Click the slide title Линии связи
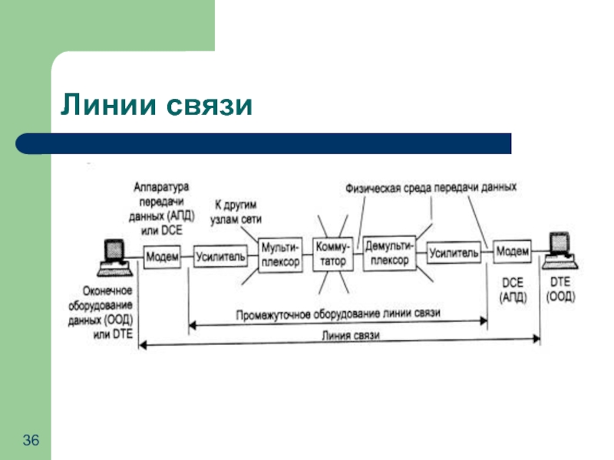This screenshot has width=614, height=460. tap(157, 104)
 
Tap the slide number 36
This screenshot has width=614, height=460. tap(31, 440)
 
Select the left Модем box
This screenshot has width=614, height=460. tap(162, 257)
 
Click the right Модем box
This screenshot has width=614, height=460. tap(512, 251)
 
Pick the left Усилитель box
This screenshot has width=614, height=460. tap(220, 257)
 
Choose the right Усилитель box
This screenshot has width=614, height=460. tap(454, 253)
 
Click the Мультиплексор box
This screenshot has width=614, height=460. tap(280, 255)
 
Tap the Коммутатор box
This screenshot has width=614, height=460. tap(332, 254)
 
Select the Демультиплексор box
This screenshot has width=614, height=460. tap(389, 253)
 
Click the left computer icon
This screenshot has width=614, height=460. tap(114, 258)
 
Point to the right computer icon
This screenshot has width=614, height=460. tap(560, 251)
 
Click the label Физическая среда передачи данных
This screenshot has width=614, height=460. tap(431, 188)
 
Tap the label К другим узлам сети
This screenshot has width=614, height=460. tap(236, 212)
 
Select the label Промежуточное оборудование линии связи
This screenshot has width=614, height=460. tap(338, 314)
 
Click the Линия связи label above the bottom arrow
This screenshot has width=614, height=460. tap(351, 335)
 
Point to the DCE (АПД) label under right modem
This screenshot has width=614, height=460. tap(513, 290)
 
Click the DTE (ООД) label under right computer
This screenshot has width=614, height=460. tap(561, 289)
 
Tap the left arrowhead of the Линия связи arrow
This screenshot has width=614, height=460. tap(143, 345)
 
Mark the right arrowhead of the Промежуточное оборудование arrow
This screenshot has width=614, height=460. tap(484, 320)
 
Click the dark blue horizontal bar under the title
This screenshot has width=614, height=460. tap(263, 143)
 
